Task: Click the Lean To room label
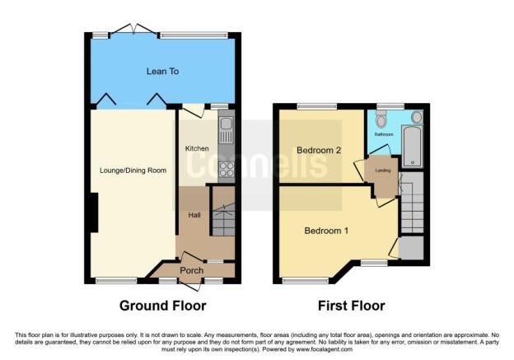point(162,72)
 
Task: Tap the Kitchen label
point(197,148)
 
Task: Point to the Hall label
point(194,215)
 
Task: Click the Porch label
point(191,270)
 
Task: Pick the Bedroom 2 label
point(318,150)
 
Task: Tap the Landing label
point(382,171)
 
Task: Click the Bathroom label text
point(384,133)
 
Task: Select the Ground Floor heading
point(162,306)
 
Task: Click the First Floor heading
point(352,306)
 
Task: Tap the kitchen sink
point(226,129)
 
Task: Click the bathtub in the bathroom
point(412,147)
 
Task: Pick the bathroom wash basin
point(416,118)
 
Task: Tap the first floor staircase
point(411,203)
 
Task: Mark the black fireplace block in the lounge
point(95,212)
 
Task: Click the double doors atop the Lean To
point(134,30)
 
